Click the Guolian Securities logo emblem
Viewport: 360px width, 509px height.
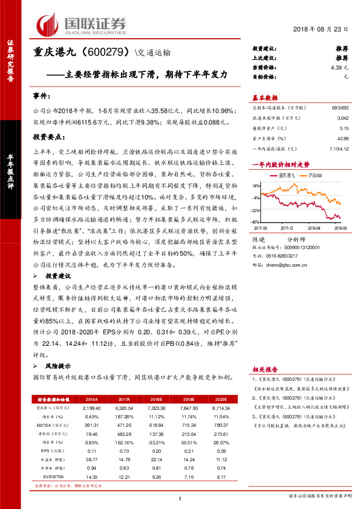point(48,24)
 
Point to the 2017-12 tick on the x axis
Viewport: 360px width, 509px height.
point(288,229)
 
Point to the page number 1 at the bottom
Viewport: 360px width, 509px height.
point(180,498)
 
